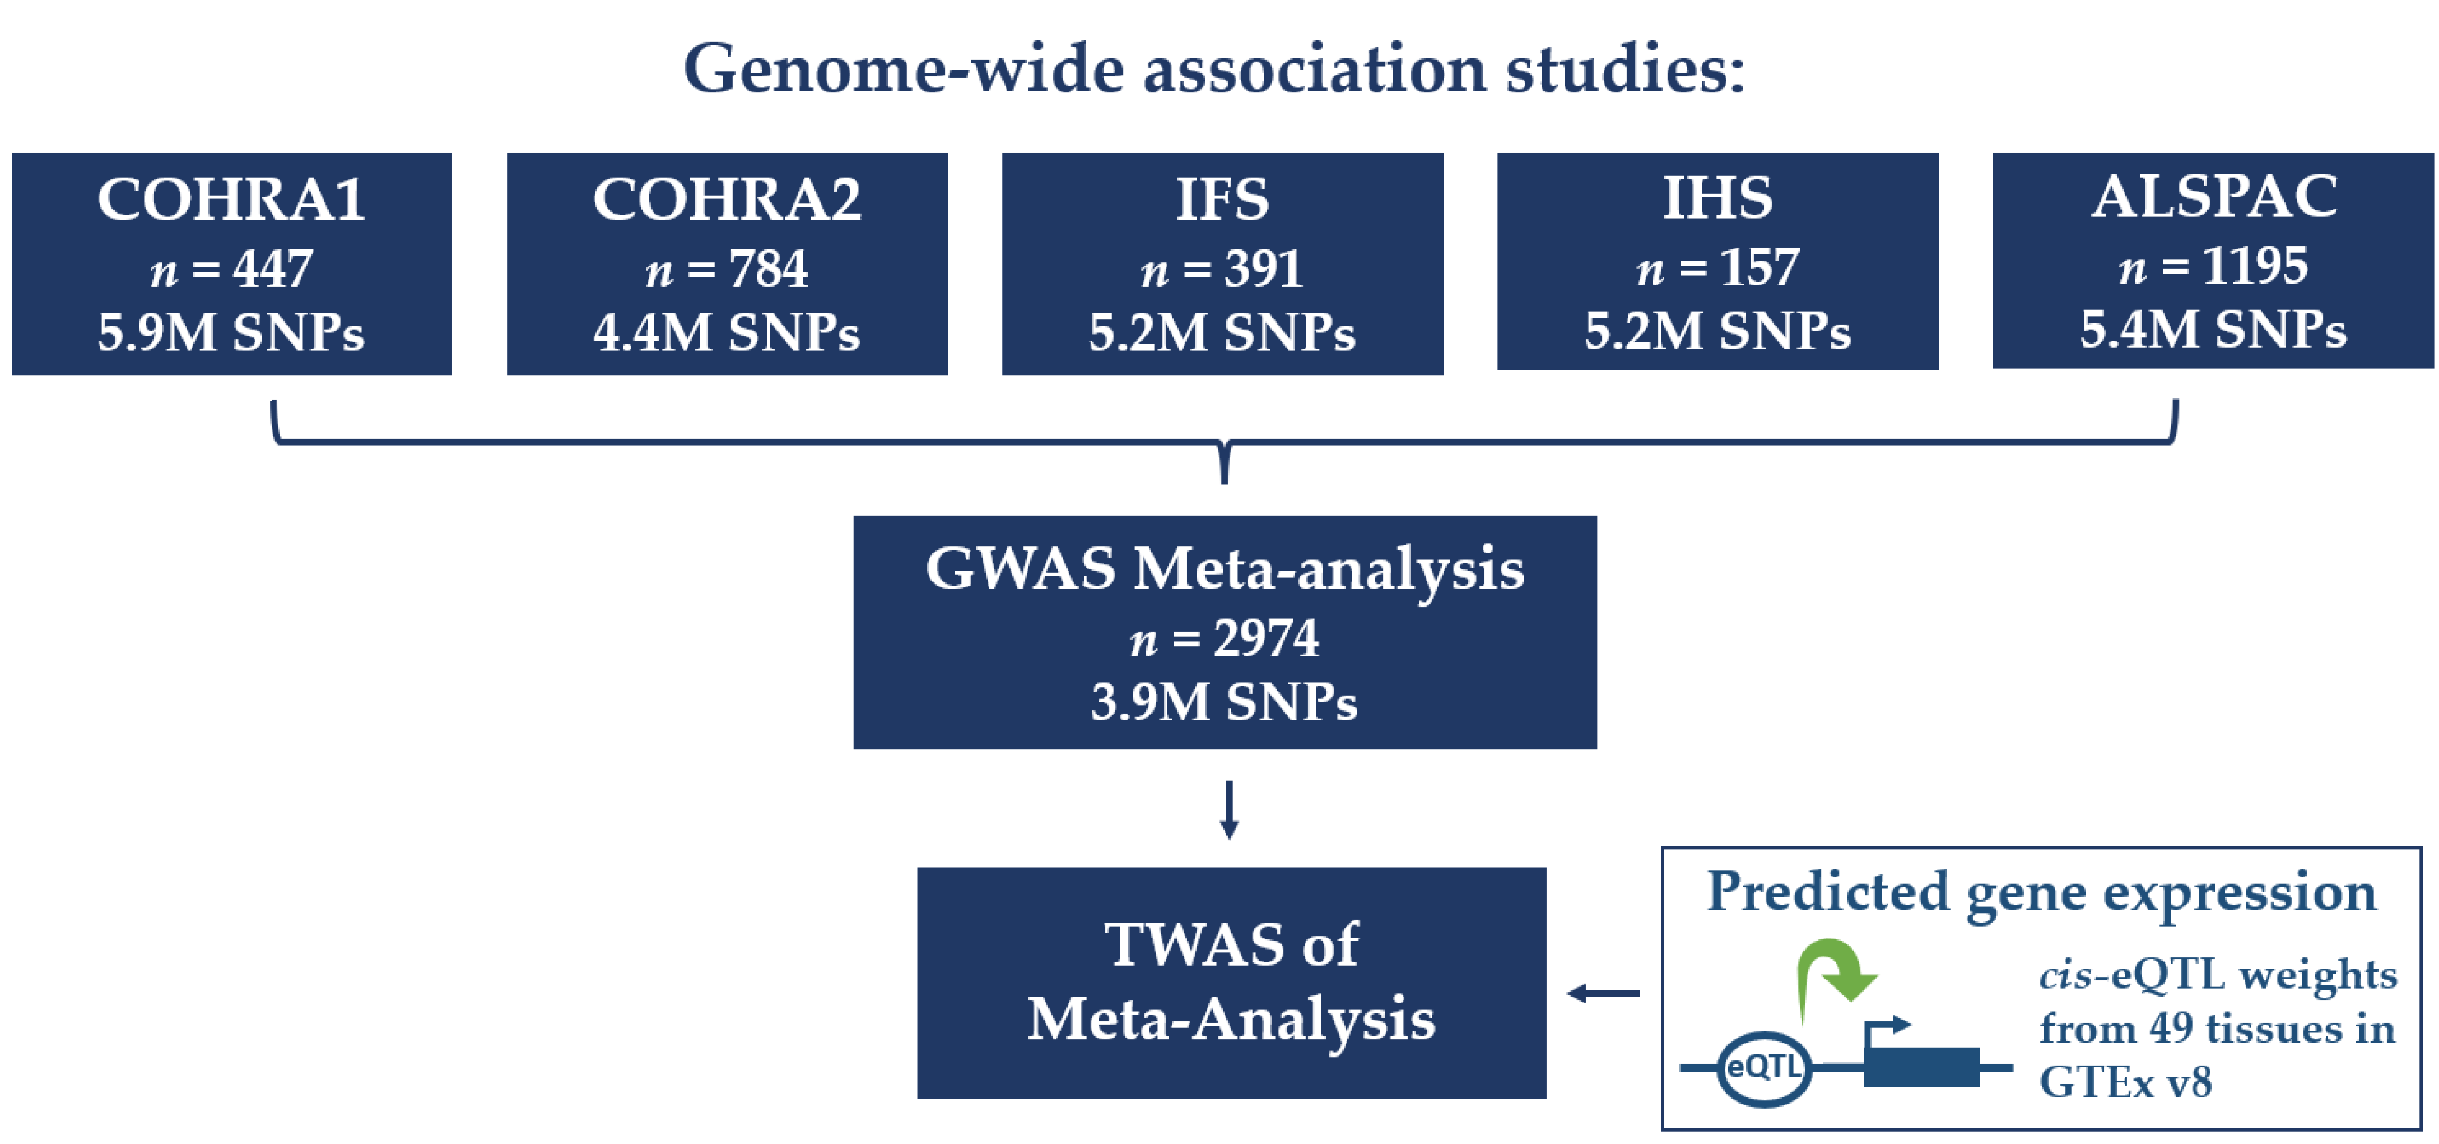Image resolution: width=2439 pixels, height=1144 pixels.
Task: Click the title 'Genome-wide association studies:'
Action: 1214,69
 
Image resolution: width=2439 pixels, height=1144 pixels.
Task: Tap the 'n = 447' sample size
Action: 231,269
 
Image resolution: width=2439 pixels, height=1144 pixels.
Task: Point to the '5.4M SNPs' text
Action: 2214,330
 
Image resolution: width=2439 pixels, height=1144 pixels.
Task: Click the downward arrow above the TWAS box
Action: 1229,810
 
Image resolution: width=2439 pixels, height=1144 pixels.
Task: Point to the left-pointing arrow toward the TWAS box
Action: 1603,993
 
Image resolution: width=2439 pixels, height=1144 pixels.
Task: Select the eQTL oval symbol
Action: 1763,1068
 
